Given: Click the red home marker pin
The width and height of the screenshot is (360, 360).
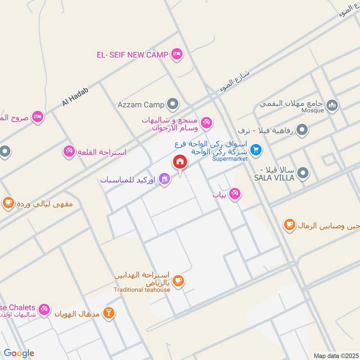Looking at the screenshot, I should point(180,162).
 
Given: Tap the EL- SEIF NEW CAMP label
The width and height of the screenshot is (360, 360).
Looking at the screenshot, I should point(132,55).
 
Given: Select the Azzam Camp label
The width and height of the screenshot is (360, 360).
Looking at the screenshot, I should point(141,105).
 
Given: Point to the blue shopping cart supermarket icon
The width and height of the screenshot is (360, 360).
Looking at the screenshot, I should point(256,149).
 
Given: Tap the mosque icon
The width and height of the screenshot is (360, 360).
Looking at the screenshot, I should point(333,105).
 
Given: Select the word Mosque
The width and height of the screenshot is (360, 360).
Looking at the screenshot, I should point(312,111).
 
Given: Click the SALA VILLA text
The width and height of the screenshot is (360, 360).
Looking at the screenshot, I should point(274,178).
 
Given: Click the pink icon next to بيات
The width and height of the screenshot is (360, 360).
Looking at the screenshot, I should point(234,194).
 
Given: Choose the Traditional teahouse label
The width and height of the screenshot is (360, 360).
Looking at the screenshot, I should point(142,290).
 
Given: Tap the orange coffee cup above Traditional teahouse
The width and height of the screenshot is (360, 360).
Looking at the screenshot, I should point(178,281).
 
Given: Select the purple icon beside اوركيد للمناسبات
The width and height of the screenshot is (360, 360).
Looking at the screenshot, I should point(165,179).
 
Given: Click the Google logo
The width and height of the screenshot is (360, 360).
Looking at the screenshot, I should point(19,353).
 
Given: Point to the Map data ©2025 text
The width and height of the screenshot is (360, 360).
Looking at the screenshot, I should point(335,355).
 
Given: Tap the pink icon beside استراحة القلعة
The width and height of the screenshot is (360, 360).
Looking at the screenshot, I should point(68,151).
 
